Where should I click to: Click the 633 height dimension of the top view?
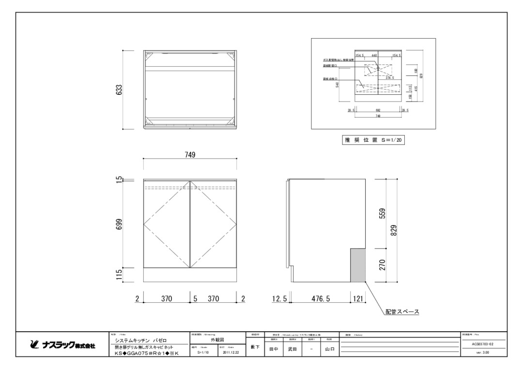coord(119,90)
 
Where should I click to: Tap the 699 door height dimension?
coord(119,225)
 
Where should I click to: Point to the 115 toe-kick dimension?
coord(119,275)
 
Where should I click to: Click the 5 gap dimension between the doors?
coord(195,299)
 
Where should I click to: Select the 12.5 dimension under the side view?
coord(279,299)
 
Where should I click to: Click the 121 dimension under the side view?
coord(358,299)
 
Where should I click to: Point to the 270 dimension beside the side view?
coord(382,265)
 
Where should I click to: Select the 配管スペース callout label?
coord(402,312)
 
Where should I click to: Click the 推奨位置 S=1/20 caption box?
coord(373,140)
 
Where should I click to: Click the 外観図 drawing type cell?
coord(218,340)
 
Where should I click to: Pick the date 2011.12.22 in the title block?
coord(230,353)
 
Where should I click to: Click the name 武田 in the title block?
coord(292,349)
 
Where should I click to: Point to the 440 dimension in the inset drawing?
coord(374,56)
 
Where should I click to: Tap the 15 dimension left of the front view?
coord(119,180)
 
